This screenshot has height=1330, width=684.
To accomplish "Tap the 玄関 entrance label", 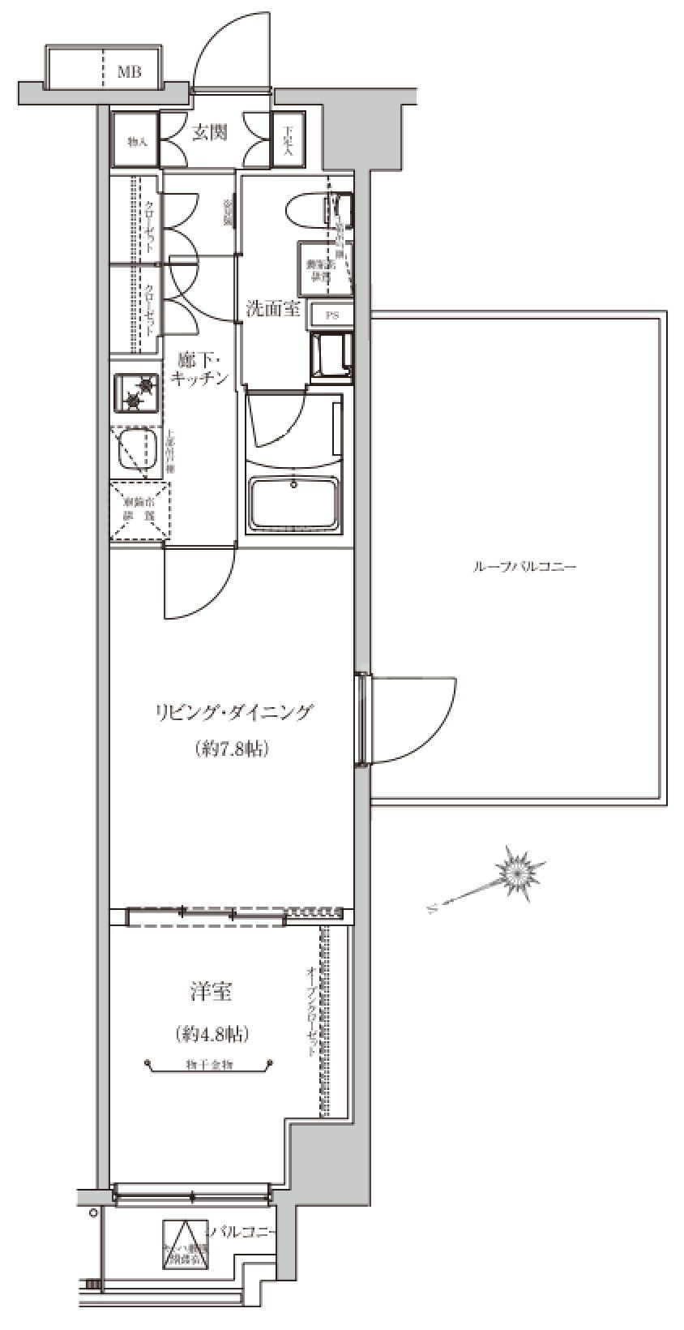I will (x=209, y=133).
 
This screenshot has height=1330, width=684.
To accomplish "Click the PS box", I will (x=332, y=316).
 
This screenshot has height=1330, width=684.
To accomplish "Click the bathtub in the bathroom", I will (x=295, y=503).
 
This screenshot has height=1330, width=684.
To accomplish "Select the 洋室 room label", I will (x=212, y=991).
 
